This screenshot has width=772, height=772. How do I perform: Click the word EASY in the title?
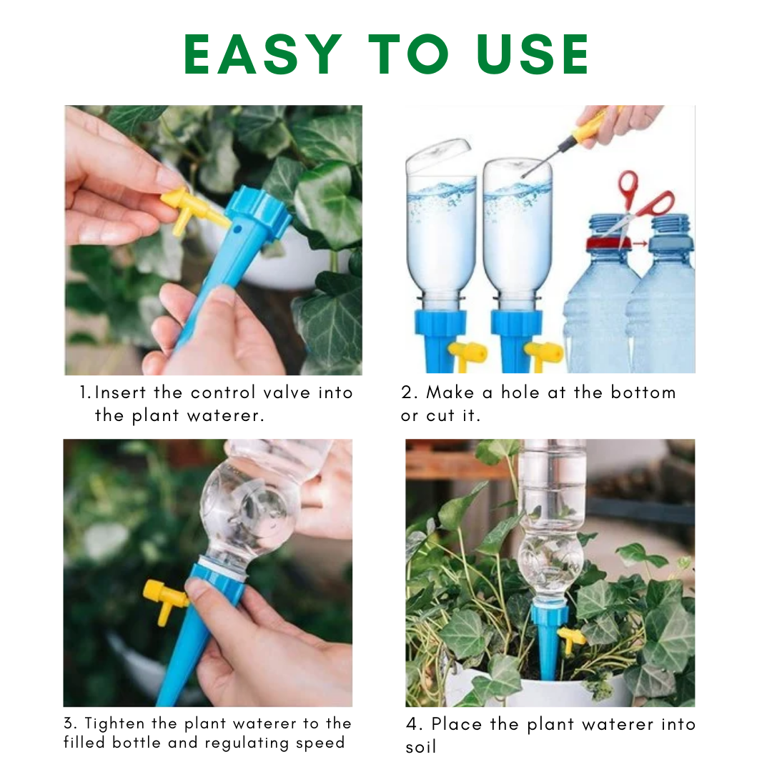coord(263,54)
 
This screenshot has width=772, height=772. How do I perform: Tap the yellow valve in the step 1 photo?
coord(192,210)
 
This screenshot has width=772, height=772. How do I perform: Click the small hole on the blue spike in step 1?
coord(237,229)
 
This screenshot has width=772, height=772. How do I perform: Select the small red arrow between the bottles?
coord(640,243)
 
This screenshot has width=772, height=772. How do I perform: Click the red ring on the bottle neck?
coord(608,242)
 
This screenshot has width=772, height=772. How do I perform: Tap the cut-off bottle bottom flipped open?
coord(437,154)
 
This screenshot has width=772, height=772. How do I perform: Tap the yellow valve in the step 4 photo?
coord(572,640)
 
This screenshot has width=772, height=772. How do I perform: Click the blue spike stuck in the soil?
coord(548,645)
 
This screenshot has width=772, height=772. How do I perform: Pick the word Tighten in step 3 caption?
coord(114,724)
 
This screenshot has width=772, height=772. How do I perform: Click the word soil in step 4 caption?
coord(421,748)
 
